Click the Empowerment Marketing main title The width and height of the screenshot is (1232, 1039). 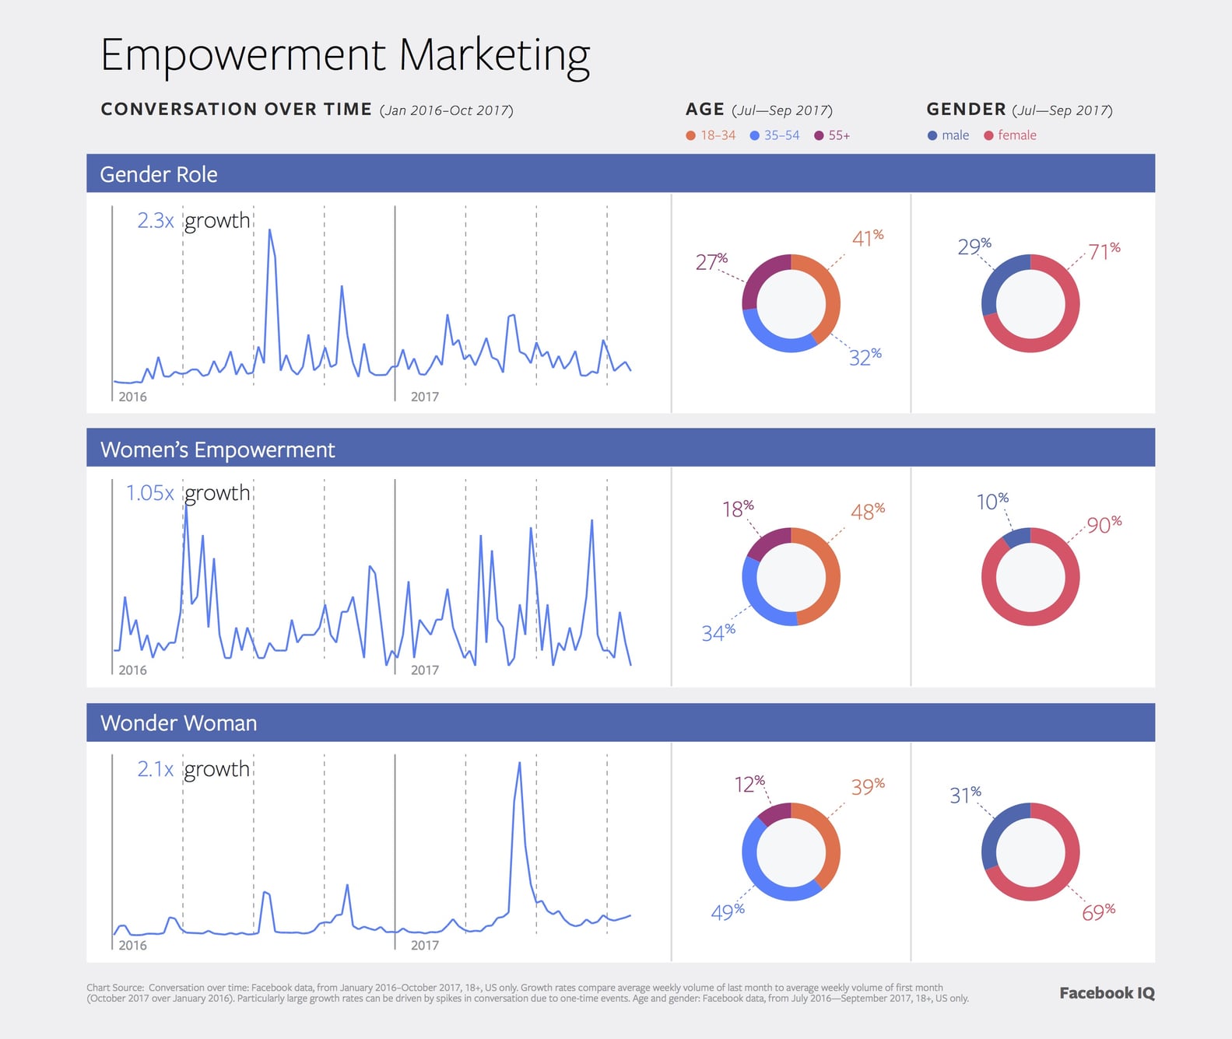345,55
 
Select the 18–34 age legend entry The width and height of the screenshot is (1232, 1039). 711,135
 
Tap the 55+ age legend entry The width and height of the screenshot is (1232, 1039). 832,135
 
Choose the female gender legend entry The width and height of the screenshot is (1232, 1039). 1010,135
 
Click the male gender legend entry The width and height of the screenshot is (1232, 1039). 949,135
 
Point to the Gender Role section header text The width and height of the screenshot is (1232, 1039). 159,174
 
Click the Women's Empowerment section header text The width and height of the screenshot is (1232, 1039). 217,450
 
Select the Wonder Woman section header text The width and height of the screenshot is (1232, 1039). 178,723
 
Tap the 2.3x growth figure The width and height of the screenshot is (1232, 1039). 155,221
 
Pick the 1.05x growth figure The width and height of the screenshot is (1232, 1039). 149,493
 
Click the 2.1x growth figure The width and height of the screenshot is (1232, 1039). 155,769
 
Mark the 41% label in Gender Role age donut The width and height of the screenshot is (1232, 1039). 867,238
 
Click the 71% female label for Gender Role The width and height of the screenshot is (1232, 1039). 1104,251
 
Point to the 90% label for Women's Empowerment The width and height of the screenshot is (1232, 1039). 1104,525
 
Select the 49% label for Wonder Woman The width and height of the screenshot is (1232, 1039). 727,911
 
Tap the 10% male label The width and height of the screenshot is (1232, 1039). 992,502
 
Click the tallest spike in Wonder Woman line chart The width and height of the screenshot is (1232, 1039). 519,764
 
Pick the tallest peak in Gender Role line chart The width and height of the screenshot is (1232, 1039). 269,230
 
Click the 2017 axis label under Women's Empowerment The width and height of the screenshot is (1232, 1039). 424,670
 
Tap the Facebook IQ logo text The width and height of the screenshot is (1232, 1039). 1107,993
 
